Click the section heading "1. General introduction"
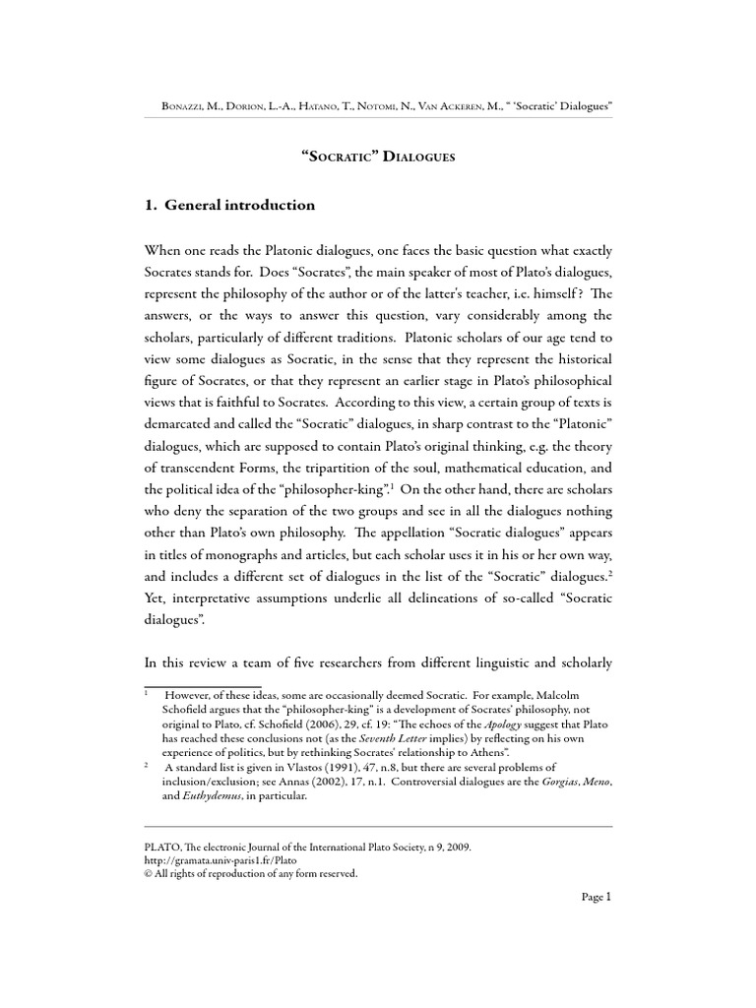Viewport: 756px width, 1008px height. pos(229,206)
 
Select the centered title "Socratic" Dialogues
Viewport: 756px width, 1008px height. pos(377,157)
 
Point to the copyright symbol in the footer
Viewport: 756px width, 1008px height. pos(149,873)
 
